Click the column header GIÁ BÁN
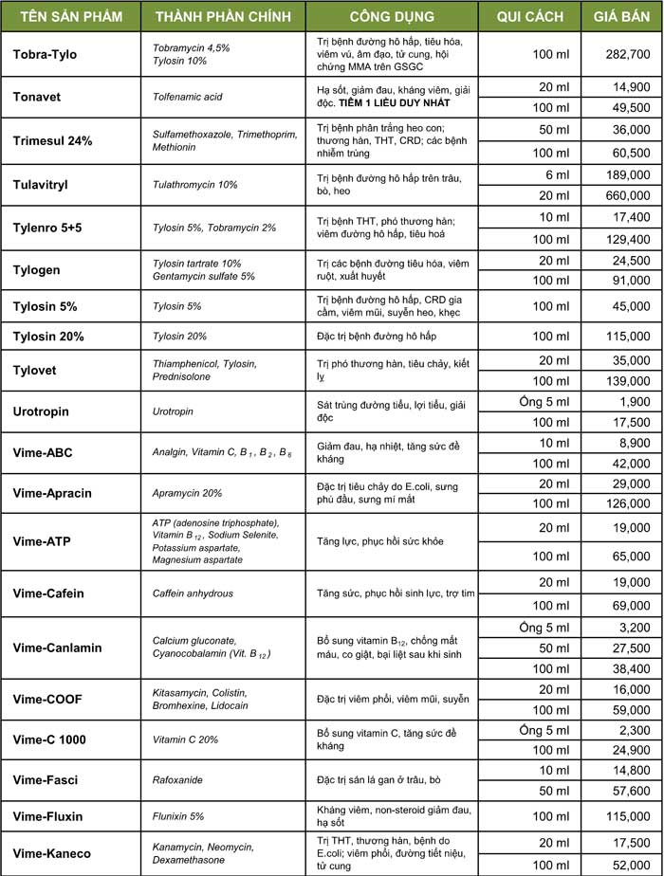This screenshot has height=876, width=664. tap(621, 17)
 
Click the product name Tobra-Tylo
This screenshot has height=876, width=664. tap(45, 54)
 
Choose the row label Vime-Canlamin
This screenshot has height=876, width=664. tap(57, 648)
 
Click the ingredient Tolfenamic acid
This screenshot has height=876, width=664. tap(187, 97)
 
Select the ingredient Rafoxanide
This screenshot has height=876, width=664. tap(176, 779)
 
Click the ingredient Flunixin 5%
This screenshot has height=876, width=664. tap(178, 815)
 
